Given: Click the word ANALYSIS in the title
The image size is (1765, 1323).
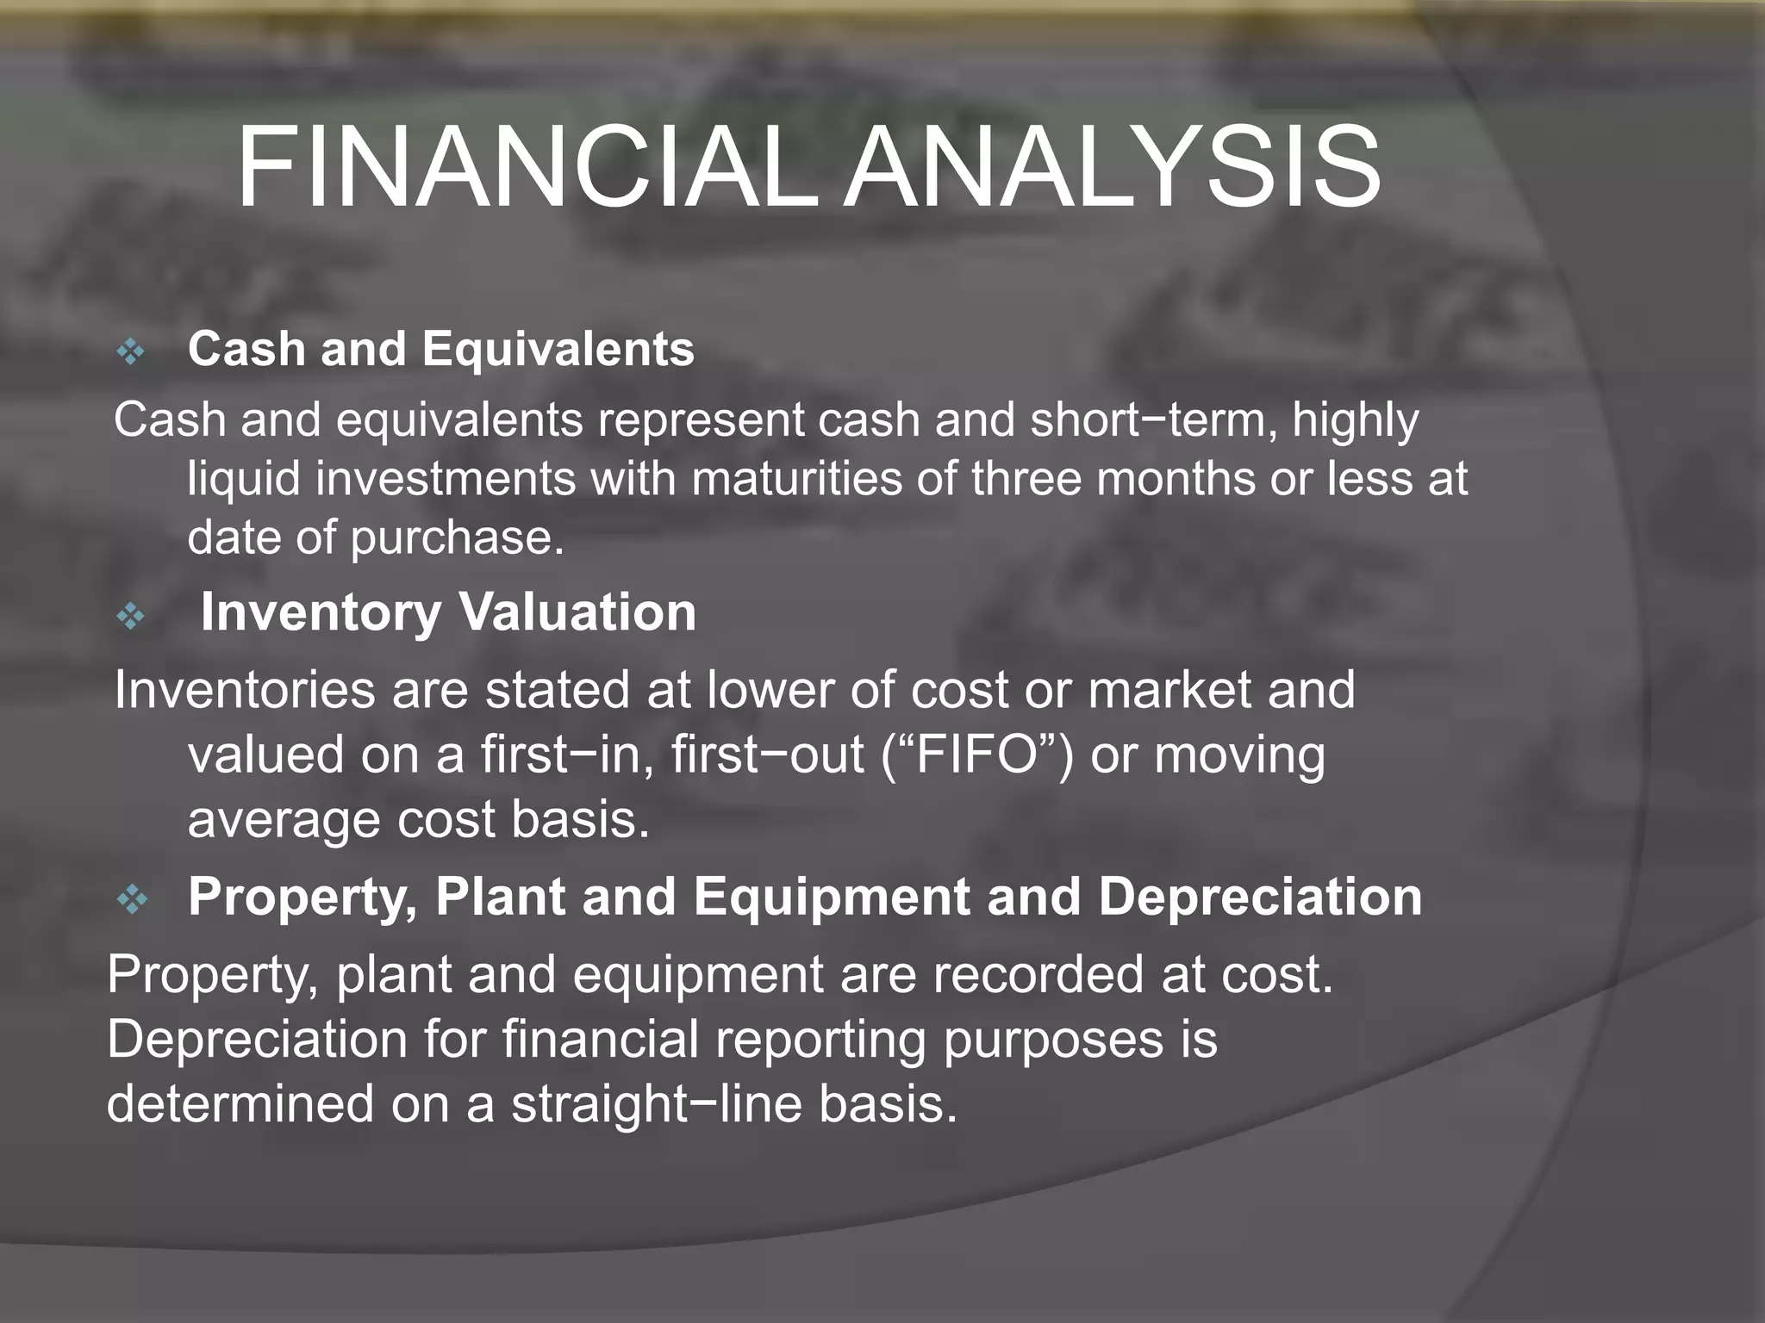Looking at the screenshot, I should pos(1112,168).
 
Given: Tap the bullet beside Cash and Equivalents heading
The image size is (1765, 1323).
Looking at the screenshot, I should pos(131,351).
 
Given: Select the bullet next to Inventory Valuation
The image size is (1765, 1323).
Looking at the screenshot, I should pos(131,616).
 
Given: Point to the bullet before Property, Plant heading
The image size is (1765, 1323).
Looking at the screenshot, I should pos(132,900).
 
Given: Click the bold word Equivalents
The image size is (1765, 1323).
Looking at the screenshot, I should pos(558,349).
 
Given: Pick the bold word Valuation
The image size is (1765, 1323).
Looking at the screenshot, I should pos(577,612).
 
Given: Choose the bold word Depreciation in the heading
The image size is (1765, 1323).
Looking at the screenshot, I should pos(1260,897).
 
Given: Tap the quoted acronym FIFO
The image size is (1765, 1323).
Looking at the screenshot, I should pos(976,755).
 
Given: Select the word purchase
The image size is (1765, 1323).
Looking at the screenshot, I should pos(457,538).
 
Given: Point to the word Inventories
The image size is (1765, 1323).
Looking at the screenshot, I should pos(245,690).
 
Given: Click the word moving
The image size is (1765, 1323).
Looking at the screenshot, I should pos(1239,756).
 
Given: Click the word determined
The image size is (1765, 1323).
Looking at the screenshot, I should pos(240,1103).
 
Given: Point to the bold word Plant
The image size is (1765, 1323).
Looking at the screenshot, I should pos(500,897).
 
